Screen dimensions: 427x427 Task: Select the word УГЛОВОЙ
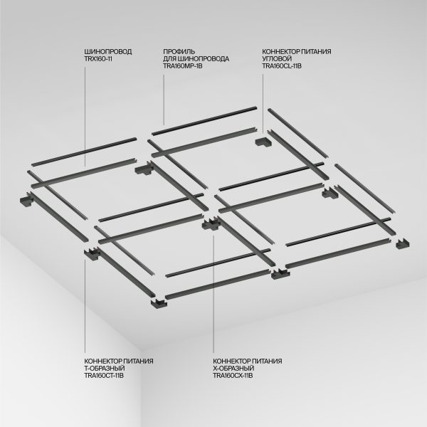coord(278,59)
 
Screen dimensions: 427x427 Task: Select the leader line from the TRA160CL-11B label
coord(262,100)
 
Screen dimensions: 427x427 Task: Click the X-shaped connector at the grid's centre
coord(211,225)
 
